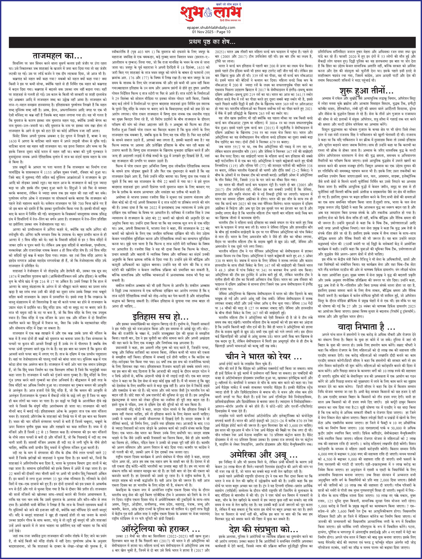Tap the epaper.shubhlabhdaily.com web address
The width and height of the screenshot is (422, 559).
[x=211, y=28]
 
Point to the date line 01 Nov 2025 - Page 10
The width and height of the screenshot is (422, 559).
[x=211, y=32]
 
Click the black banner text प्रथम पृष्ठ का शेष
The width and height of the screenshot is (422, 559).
[x=211, y=41]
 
